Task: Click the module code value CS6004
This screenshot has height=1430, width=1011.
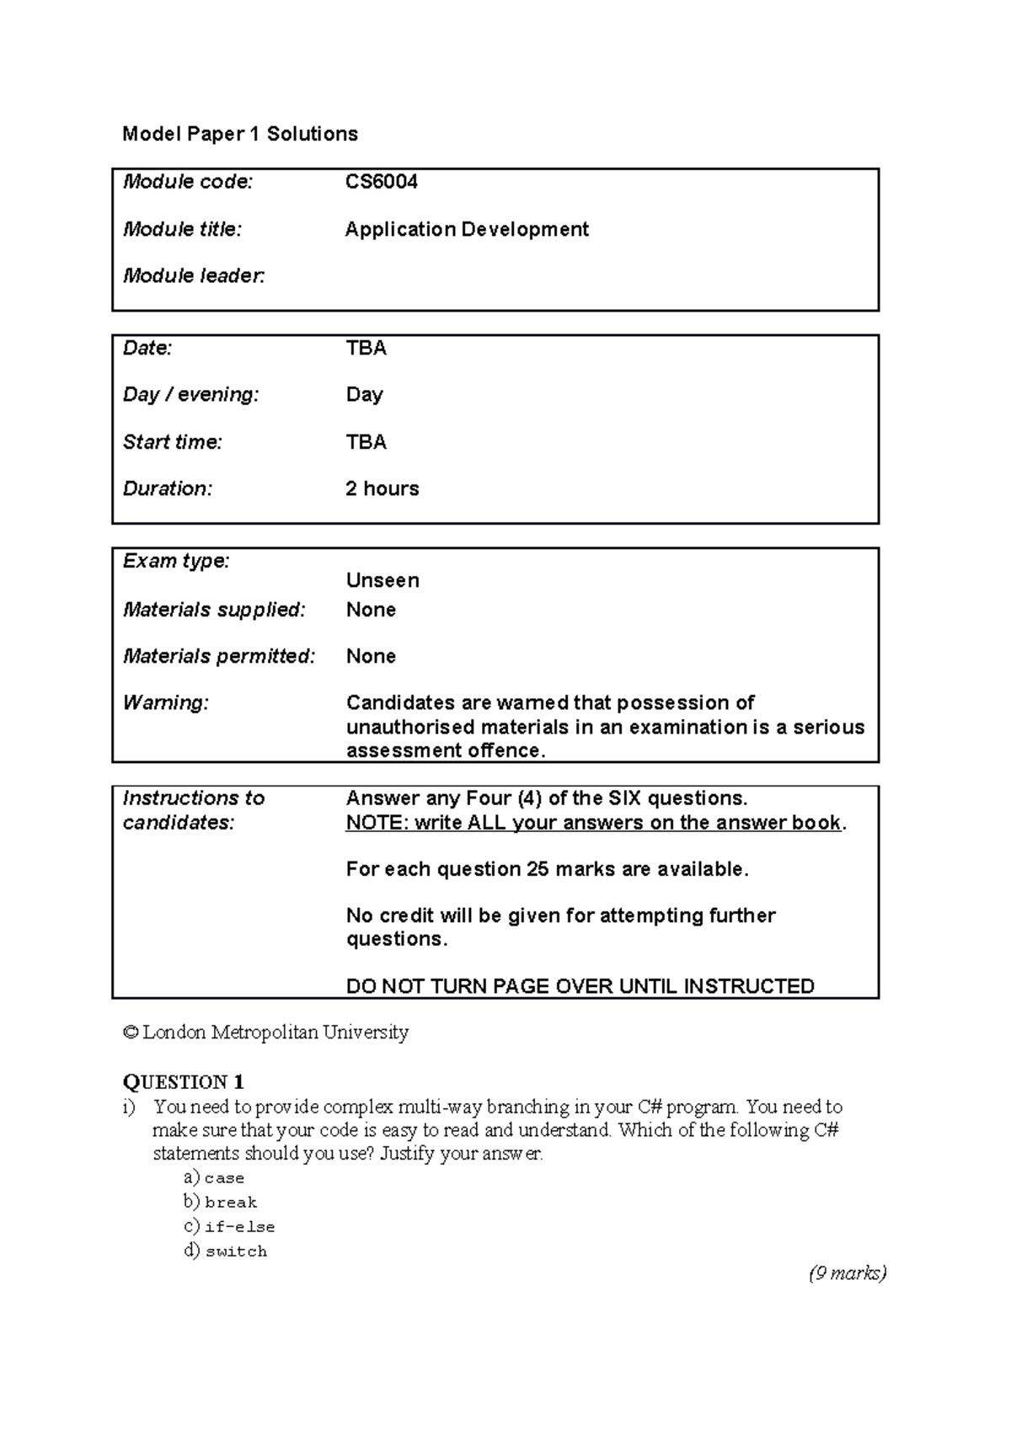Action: point(382,182)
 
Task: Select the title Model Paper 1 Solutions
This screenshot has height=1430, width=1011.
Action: point(240,134)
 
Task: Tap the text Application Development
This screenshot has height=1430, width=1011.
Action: point(467,229)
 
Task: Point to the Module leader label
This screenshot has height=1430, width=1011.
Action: point(194,275)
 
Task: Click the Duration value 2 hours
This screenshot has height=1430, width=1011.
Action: point(382,488)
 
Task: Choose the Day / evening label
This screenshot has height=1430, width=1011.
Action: point(191,394)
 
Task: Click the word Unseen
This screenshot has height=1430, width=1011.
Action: point(382,580)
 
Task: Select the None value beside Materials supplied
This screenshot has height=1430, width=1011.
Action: point(371,610)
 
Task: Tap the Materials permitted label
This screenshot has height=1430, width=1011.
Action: point(219,656)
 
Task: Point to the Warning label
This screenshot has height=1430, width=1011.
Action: point(165,702)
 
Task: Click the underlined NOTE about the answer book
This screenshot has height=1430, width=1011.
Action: point(594,823)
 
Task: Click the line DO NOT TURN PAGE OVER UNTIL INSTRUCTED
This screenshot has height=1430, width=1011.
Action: point(580,986)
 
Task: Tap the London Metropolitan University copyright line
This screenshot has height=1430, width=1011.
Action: point(266,1032)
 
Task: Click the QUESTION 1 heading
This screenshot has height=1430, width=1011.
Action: point(184,1082)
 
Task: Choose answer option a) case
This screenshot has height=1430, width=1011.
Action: point(214,1177)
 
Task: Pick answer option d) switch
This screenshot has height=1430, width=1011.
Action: point(225,1251)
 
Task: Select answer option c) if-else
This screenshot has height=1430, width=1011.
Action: point(229,1226)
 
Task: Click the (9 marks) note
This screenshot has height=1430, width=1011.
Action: point(848,1273)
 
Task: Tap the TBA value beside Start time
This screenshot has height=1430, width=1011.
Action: point(366,442)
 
